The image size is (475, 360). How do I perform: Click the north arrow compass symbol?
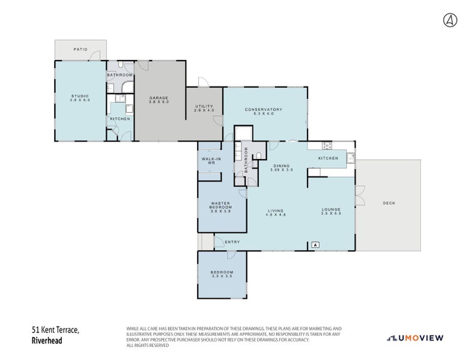pyautogui.click(x=449, y=20)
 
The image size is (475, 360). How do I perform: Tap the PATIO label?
pyautogui.click(x=80, y=50)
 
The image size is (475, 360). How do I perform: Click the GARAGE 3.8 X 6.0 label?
pyautogui.click(x=159, y=100)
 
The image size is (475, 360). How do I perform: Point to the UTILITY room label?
pyautogui.click(x=204, y=109)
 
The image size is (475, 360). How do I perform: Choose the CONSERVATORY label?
pyautogui.click(x=263, y=111)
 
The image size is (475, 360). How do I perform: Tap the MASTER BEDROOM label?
pyautogui.click(x=222, y=206)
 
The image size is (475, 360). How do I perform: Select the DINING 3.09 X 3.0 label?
pyautogui.click(x=281, y=167)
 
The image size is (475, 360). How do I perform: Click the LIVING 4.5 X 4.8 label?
pyautogui.click(x=276, y=212)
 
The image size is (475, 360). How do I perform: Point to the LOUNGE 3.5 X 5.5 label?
pyautogui.click(x=331, y=211)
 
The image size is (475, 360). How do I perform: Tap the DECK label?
pyautogui.click(x=389, y=203)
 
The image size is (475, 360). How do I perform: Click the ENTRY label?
pyautogui.click(x=231, y=242)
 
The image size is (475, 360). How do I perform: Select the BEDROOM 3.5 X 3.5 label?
pyautogui.click(x=222, y=274)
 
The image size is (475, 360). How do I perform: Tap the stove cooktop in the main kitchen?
pyautogui.click(x=328, y=145)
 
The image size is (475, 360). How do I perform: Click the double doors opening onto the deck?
pyautogui.click(x=359, y=196)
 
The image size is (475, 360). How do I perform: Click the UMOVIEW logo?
pyautogui.click(x=415, y=338)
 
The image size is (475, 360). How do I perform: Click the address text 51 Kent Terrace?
pyautogui.click(x=55, y=331)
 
